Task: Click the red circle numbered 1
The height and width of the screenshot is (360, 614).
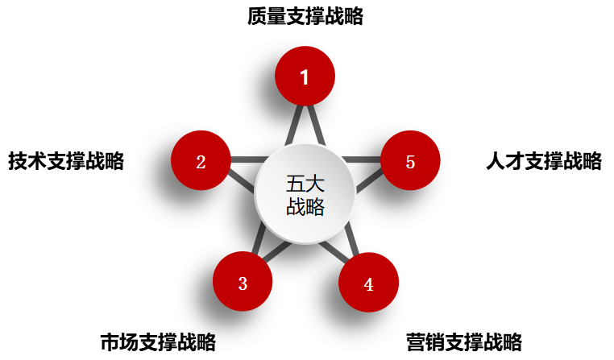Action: pos(305,77)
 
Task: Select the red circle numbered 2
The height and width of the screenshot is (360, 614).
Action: pos(201,161)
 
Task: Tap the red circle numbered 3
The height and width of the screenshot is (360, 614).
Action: pos(243,283)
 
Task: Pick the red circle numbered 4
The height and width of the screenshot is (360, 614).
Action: pos(368,283)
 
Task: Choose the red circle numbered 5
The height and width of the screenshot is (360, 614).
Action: pos(410,161)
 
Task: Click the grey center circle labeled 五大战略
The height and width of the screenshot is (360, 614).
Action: pos(305,194)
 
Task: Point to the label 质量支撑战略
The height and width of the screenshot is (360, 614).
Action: pos(305,17)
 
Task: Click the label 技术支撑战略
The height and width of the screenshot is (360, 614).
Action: pos(66,161)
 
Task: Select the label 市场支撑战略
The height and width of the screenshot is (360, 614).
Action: pos(158,341)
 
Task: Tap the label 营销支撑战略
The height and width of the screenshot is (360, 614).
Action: pos(464,341)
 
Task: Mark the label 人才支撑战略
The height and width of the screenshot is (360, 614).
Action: pos(544,161)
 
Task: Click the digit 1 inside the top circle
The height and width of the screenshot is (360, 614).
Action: pos(305,77)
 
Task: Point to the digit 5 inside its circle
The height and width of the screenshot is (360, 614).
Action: pos(410,162)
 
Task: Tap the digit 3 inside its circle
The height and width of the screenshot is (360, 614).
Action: pos(243,283)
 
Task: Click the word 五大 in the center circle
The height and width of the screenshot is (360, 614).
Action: pos(305,184)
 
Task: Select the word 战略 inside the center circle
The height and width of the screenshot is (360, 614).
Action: pos(305,207)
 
